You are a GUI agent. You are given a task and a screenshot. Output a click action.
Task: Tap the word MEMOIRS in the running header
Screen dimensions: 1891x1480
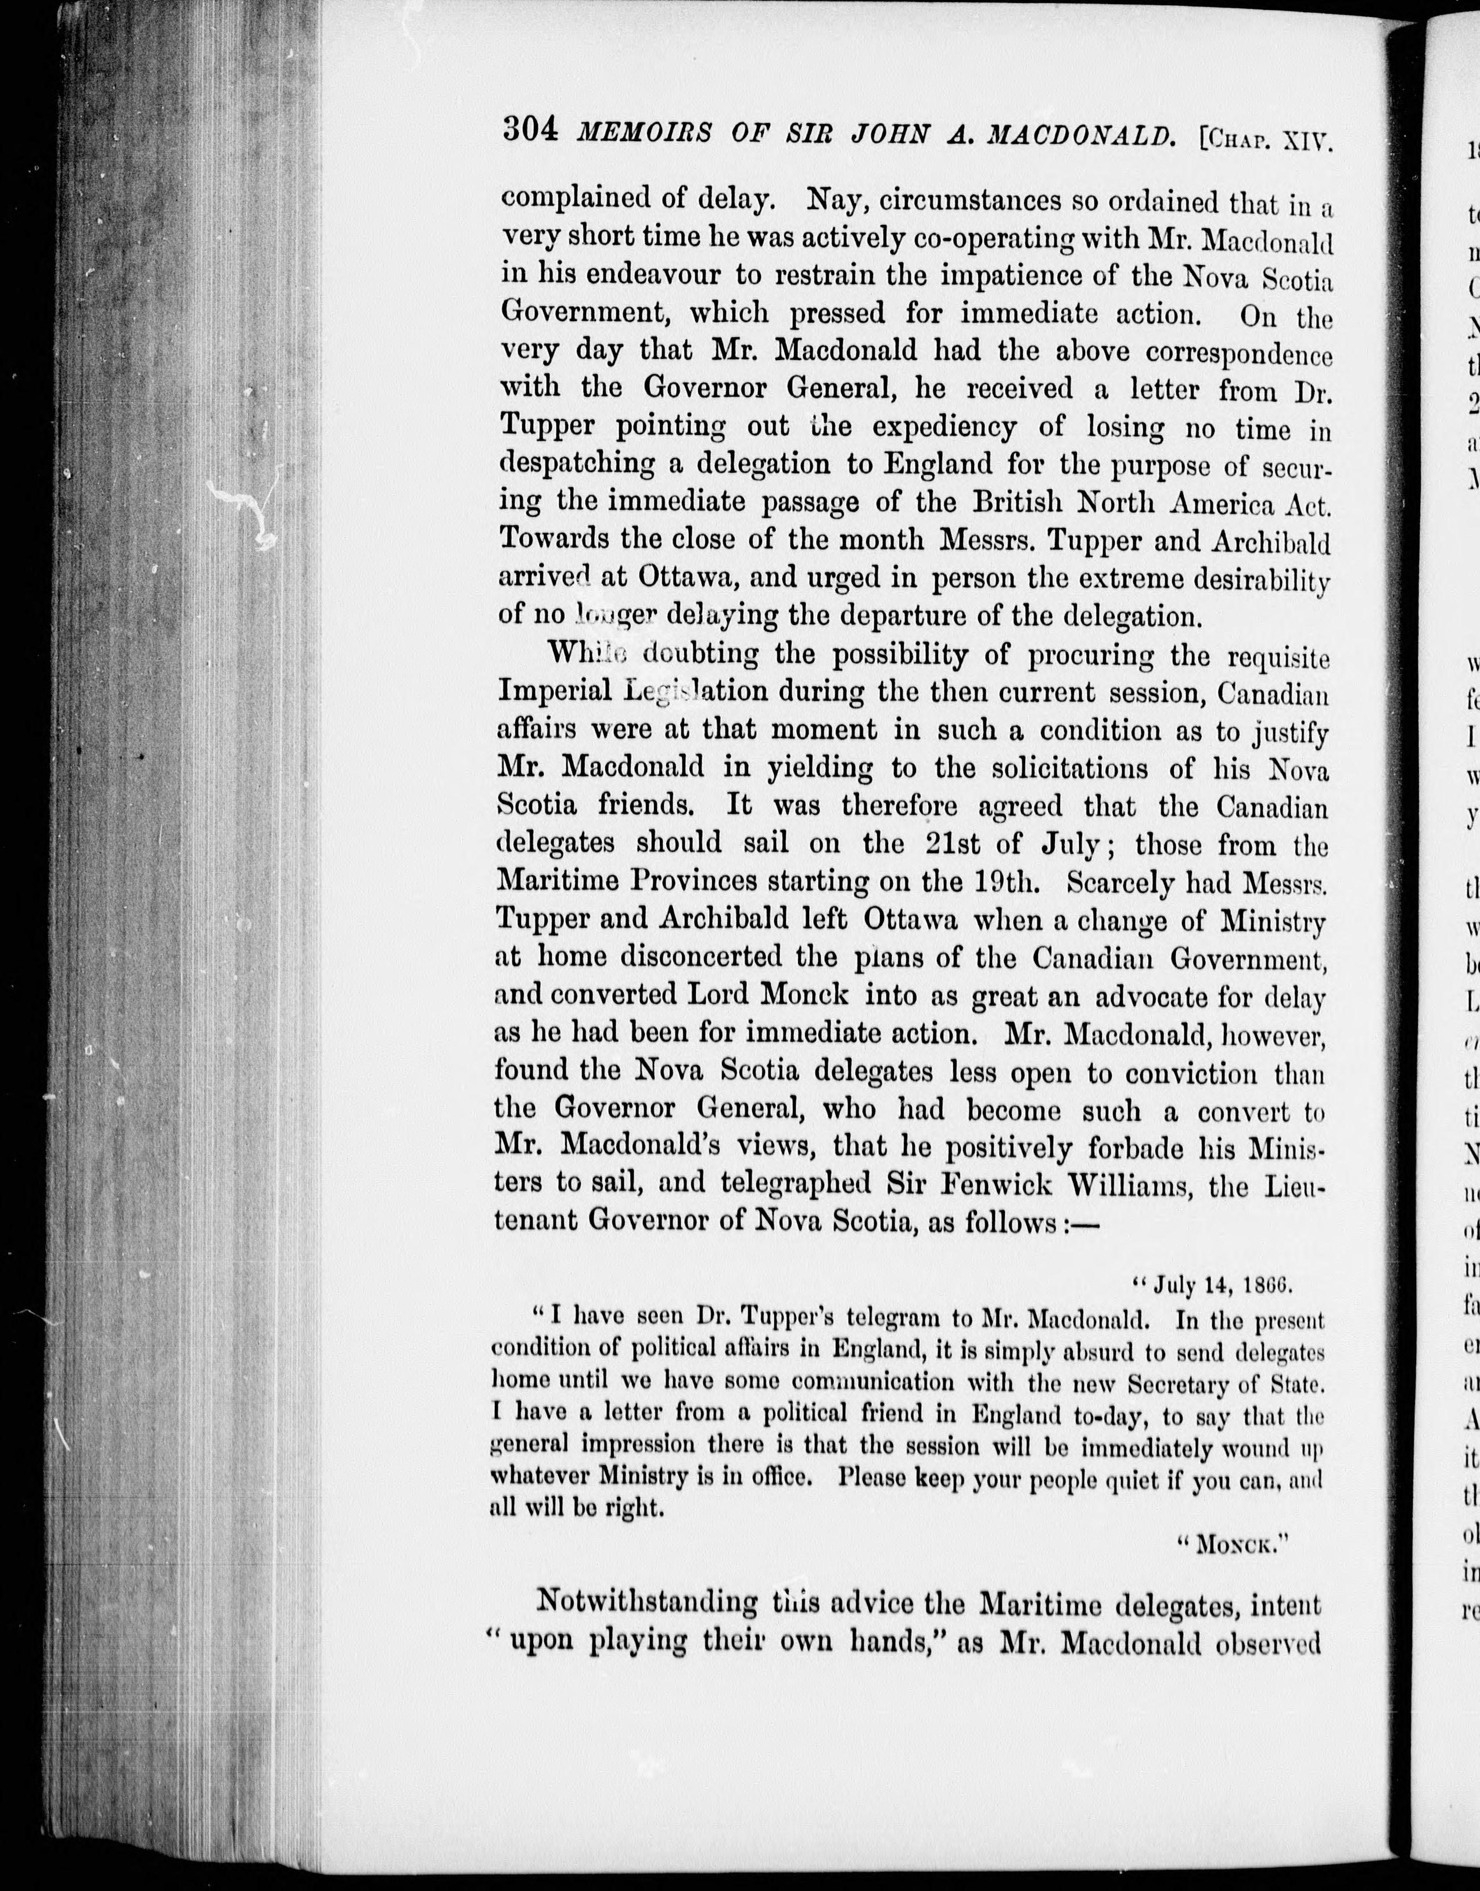[645, 134]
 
